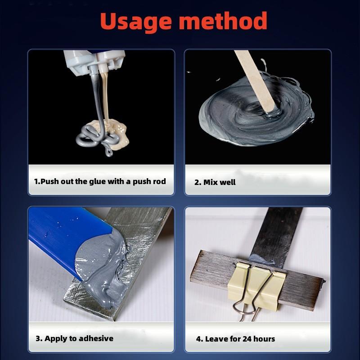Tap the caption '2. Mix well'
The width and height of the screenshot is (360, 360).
click(x=215, y=182)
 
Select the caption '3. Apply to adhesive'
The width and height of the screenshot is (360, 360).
click(x=74, y=338)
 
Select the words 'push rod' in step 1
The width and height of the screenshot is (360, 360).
click(x=149, y=181)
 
